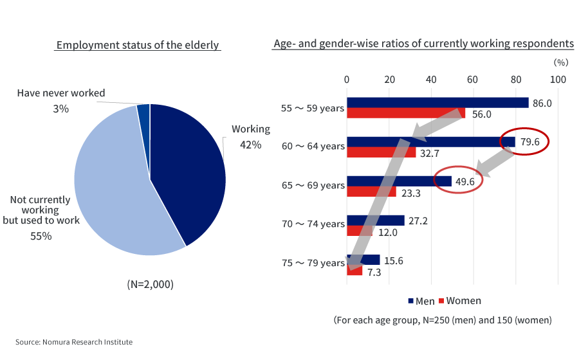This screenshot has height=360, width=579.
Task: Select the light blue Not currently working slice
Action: pyautogui.click(x=116, y=193)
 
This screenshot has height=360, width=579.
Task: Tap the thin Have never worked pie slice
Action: pyautogui.click(x=143, y=112)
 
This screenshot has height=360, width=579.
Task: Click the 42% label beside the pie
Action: pyautogui.click(x=250, y=145)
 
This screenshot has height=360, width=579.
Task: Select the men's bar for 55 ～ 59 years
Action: pyautogui.click(x=437, y=103)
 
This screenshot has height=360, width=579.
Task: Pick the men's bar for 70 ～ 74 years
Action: pyautogui.click(x=375, y=221)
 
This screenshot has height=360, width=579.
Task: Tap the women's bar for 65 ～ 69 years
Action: pyautogui.click(x=371, y=192)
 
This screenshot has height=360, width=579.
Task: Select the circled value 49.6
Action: pyautogui.click(x=464, y=181)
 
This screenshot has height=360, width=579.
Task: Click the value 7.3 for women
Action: pyautogui.click(x=374, y=273)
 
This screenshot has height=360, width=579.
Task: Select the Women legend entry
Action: pyautogui.click(x=460, y=301)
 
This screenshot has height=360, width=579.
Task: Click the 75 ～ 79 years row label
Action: pyautogui.click(x=313, y=263)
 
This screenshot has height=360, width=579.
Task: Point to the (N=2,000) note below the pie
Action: pyautogui.click(x=150, y=284)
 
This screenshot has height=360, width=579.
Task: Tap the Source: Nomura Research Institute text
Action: pyautogui.click(x=74, y=342)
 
